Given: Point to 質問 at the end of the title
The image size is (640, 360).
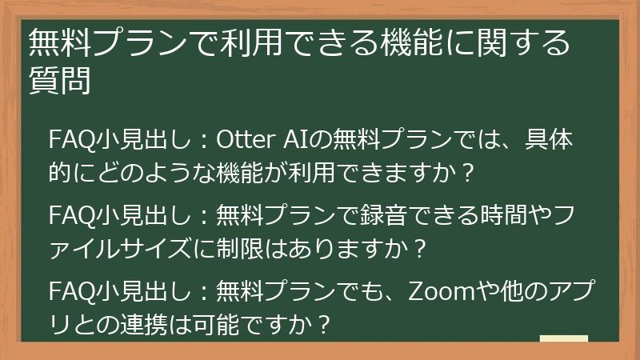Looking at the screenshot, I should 58,80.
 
